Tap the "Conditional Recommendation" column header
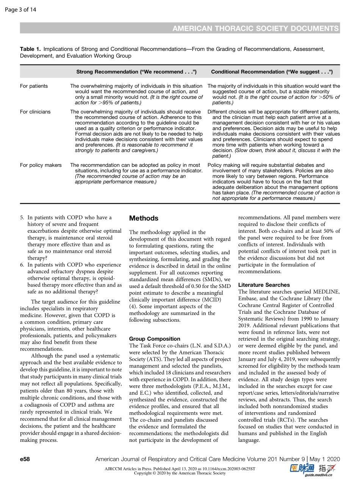[x=272, y=72]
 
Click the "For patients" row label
[x=34, y=86]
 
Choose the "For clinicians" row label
[x=35, y=112]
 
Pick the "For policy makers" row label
[x=41, y=165]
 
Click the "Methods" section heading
[x=144, y=218]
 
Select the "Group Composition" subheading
[x=155, y=339]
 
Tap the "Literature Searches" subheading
[x=264, y=285]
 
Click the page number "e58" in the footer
[x=25, y=459]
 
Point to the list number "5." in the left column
[x=22, y=218]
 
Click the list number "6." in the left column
[x=22, y=265]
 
